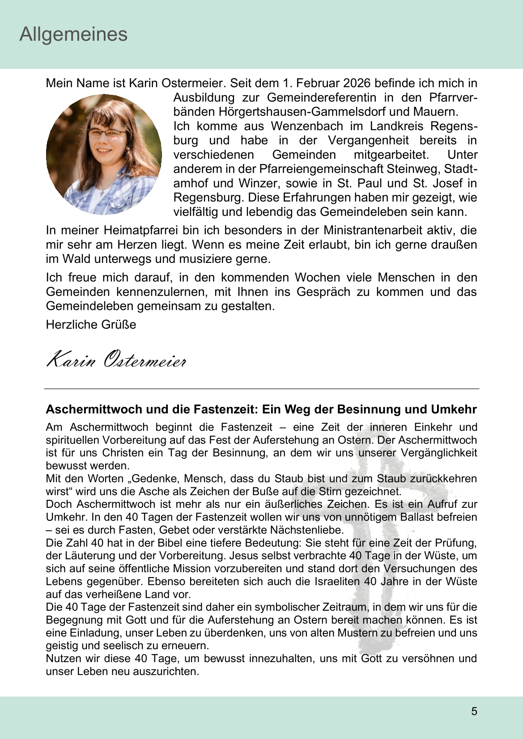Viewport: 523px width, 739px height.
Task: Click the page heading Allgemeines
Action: [73, 34]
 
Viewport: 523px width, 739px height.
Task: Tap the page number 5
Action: [474, 711]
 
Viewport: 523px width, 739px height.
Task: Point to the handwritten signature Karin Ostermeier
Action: [116, 360]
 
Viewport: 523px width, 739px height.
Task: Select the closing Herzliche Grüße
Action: [91, 325]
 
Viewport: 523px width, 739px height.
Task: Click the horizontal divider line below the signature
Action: [261, 389]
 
